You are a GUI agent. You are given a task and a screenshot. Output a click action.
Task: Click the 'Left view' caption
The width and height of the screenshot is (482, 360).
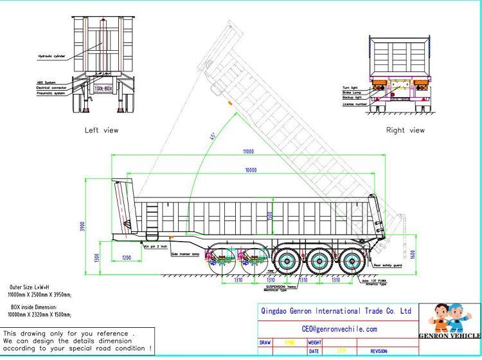point(102,130)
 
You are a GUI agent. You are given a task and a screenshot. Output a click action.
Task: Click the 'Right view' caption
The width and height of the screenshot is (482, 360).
point(405,130)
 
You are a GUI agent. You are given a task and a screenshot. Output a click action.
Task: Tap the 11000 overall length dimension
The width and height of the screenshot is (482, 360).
point(248,152)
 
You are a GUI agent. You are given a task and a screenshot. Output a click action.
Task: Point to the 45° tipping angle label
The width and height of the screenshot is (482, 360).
point(212,136)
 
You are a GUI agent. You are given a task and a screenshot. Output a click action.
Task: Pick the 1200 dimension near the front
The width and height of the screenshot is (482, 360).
point(125,257)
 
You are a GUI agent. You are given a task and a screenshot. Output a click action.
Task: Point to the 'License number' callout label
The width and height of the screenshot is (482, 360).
point(354,104)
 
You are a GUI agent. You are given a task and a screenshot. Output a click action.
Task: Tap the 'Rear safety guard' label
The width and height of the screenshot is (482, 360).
point(388,264)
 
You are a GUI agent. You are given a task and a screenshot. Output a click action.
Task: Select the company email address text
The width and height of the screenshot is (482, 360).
point(335,328)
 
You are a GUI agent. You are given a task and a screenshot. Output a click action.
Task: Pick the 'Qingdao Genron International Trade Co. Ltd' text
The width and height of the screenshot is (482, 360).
point(335,310)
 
